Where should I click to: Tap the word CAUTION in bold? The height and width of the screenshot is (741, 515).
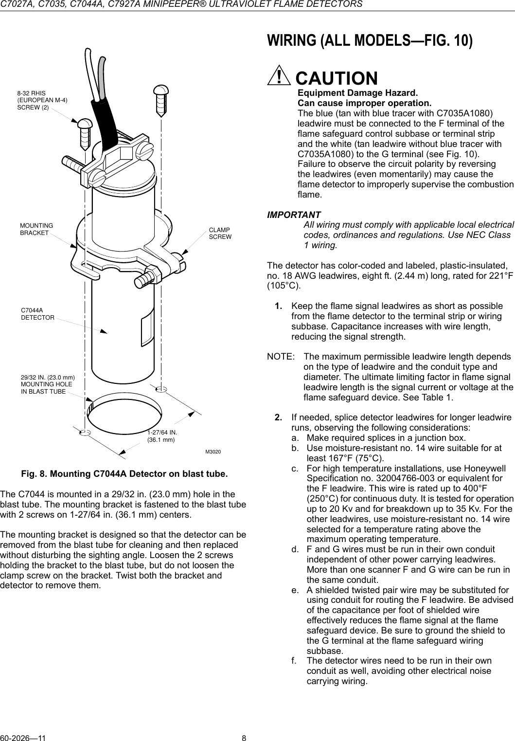point(337,78)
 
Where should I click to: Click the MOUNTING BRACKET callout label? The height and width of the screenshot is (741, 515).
point(36,229)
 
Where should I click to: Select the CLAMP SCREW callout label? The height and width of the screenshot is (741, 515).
point(220,233)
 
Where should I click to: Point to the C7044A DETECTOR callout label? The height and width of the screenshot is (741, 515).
point(37,313)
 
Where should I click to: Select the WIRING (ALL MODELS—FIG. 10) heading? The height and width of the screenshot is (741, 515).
point(370,41)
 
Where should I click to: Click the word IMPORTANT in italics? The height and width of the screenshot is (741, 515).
point(294,215)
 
